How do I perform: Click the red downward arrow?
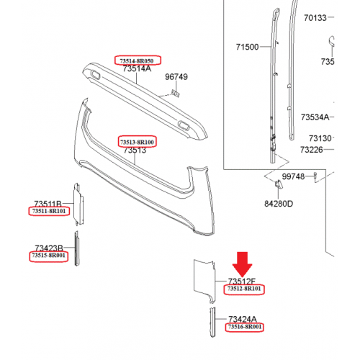[242, 264]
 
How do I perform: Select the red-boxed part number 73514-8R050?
[138, 60]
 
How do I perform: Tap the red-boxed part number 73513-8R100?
[137, 142]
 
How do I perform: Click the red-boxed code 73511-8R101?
[49, 211]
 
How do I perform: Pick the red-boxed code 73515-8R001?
[48, 256]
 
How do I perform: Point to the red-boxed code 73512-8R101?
[244, 289]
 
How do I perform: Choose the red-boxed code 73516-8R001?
[244, 327]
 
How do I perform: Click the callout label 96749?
[176, 77]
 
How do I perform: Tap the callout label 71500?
[247, 47]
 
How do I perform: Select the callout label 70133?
[315, 18]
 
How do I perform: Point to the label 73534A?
[315, 117]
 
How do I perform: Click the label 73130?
[320, 138]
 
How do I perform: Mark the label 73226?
[312, 150]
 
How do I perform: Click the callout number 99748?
[293, 176]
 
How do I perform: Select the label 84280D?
[279, 204]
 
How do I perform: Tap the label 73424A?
[243, 319]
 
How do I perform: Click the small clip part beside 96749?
[176, 93]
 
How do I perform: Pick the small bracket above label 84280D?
[279, 184]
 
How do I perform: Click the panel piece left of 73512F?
[204, 280]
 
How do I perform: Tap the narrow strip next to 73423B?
[76, 248]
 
